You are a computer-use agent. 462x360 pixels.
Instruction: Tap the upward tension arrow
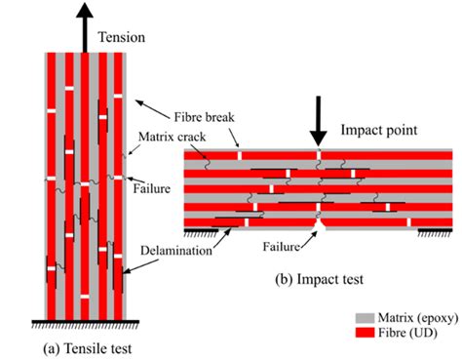[86, 24]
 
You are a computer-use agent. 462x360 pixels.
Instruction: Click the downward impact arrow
[318, 117]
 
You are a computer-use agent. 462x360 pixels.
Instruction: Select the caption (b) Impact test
[318, 278]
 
